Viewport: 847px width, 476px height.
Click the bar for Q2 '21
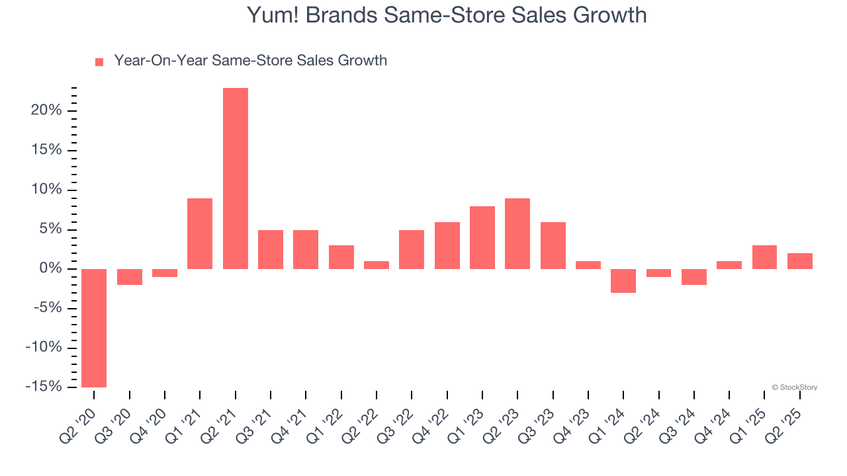(236, 178)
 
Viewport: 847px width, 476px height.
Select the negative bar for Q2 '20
(94, 328)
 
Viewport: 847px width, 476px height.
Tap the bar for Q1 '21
(200, 233)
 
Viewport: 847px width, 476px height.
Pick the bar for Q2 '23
(517, 233)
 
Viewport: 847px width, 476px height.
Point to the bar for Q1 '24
(623, 281)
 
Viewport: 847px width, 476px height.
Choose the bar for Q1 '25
(764, 257)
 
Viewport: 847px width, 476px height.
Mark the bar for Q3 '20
(130, 277)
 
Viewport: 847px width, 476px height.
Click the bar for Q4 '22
(447, 245)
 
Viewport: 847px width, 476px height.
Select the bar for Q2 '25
(800, 261)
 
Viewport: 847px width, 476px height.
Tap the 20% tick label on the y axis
(46, 110)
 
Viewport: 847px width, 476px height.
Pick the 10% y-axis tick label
(46, 190)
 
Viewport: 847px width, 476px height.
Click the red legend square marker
(99, 62)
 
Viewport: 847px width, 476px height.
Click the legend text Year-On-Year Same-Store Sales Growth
(250, 61)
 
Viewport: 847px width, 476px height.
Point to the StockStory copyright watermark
(794, 387)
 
